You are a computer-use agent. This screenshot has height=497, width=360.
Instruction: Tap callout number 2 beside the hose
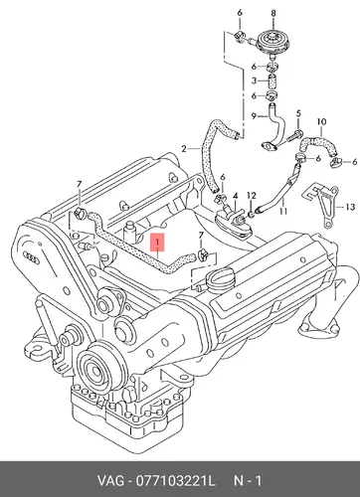click(184, 149)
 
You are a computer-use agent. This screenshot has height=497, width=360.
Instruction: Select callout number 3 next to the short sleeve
click(254, 81)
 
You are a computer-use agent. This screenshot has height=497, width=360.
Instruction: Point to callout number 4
click(235, 196)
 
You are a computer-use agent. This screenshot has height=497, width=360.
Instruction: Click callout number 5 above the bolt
click(298, 113)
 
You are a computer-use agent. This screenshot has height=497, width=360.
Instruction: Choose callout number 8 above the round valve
click(273, 13)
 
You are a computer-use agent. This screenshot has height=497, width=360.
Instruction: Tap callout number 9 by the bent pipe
click(254, 116)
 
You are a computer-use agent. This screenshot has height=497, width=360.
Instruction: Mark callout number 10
click(321, 121)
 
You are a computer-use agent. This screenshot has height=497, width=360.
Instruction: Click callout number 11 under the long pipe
click(283, 211)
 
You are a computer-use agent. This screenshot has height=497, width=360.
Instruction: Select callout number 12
click(252, 196)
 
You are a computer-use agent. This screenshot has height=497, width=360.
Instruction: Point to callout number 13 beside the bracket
click(350, 207)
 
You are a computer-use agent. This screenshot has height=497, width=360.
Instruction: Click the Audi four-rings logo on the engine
click(32, 257)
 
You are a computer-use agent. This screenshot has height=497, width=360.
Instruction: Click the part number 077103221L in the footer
click(175, 481)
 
